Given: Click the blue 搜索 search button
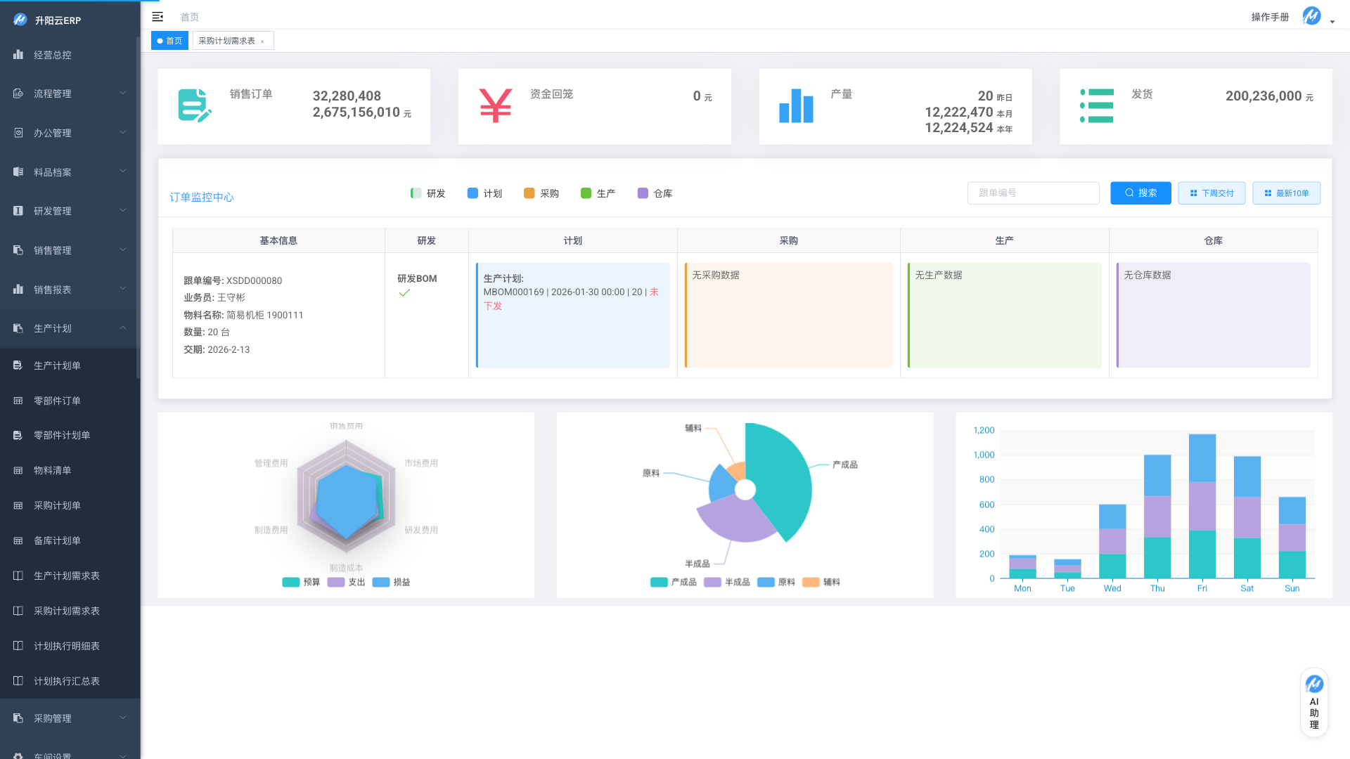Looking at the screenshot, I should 1140,193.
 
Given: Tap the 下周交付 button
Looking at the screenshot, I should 1211,193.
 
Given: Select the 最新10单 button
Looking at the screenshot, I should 1286,193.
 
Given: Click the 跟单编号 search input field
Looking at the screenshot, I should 1033,193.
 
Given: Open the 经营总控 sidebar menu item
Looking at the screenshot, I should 53,55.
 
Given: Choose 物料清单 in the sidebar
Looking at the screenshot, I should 53,471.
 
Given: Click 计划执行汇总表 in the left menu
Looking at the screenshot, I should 67,681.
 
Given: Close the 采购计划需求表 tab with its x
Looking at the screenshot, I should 262,41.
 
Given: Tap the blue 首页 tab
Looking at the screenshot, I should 169,41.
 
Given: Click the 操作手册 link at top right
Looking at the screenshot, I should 1270,17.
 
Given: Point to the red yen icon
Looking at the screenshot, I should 495,105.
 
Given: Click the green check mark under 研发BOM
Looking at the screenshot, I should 404,293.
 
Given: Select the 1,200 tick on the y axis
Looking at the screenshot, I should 984,430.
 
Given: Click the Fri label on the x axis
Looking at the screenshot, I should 1202,588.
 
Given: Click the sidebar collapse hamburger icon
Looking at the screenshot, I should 157,17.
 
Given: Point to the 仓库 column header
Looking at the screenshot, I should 1213,240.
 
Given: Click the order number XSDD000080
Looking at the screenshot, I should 254,280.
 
